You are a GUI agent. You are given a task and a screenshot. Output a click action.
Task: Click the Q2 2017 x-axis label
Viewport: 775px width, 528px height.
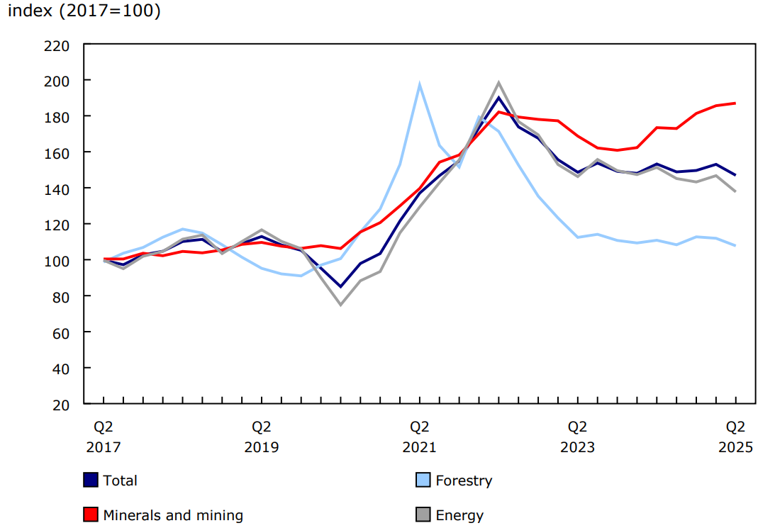104,437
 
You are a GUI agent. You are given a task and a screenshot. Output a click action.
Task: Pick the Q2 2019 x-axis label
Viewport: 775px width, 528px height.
262,437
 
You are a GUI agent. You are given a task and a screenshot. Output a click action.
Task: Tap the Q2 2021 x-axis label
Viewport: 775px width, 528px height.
420,437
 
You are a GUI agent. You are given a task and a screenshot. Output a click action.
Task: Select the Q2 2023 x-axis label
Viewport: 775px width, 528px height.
577,437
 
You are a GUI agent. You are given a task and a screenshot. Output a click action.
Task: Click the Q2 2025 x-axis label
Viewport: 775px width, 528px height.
735,437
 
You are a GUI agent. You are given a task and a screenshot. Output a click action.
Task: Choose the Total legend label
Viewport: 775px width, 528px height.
120,481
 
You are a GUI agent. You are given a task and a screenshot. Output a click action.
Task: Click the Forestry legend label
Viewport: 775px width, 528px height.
463,481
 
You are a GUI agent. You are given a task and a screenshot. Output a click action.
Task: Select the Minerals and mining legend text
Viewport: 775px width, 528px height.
173,515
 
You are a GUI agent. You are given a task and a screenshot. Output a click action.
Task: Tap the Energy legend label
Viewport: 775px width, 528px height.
459,515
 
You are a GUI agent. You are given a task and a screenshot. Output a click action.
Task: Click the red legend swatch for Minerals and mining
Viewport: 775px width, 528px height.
90,515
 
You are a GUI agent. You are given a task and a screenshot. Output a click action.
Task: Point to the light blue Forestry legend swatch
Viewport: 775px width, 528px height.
423,481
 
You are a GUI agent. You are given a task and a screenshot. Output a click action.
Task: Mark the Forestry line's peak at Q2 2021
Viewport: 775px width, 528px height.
420,84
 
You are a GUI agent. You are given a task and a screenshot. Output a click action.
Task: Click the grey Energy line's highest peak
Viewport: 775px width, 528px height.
498,83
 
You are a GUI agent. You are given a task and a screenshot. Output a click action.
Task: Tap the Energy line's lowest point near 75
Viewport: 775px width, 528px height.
340,304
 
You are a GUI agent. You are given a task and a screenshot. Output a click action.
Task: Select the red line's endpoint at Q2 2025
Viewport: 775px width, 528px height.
735,103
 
